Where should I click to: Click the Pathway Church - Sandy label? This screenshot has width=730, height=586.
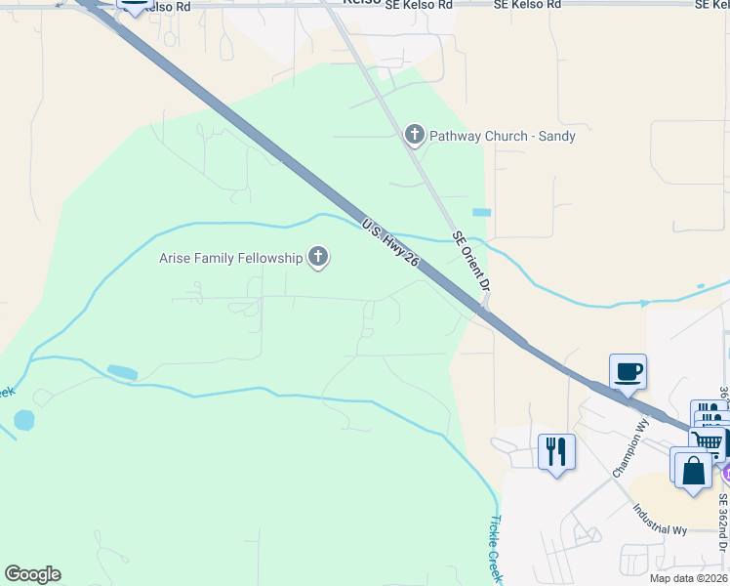503,136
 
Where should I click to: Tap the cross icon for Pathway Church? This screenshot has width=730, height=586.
415,135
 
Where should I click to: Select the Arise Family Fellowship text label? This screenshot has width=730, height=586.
231,258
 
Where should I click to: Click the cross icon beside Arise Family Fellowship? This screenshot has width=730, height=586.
317,258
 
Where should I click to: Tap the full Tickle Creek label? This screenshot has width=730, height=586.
497,550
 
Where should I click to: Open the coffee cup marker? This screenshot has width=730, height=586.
629,372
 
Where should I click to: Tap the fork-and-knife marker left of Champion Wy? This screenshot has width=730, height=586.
556,452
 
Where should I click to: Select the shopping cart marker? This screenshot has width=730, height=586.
710,442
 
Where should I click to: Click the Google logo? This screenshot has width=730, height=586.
32,574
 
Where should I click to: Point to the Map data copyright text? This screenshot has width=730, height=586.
689,578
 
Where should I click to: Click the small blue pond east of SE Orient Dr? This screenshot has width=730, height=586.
481,212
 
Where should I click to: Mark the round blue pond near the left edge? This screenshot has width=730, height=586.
24,421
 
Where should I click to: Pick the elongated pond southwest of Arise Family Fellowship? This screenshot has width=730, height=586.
122,372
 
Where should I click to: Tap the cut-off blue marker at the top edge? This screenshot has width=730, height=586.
134,6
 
